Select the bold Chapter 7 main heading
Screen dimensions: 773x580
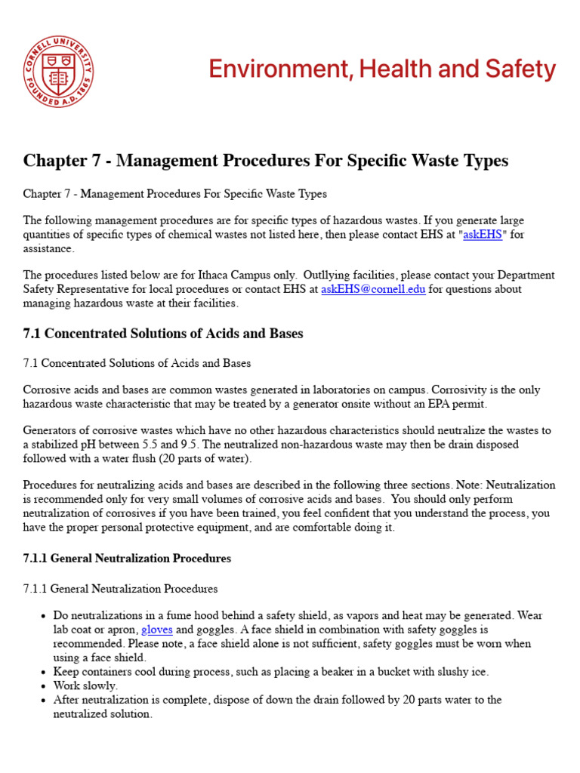(x=266, y=161)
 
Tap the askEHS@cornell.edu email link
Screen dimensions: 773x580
(x=373, y=289)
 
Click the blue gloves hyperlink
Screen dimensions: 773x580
(x=157, y=630)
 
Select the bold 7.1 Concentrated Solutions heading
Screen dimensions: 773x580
(x=163, y=334)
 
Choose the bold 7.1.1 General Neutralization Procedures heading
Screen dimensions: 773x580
(x=127, y=559)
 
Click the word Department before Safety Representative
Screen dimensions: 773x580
(x=528, y=275)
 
